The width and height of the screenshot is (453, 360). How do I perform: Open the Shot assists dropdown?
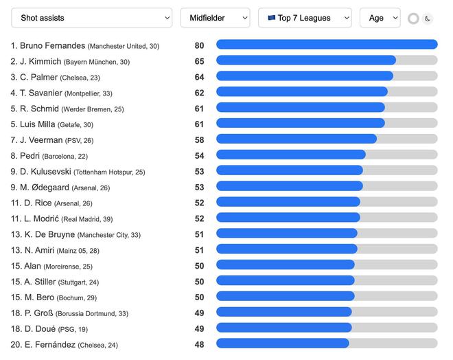92,18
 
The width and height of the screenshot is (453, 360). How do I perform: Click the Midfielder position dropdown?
215,18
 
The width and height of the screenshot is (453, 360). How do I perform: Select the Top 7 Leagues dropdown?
305,18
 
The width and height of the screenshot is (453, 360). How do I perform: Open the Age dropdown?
380,18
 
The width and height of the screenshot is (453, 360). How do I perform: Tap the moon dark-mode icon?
428,19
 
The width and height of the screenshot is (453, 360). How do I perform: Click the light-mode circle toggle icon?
413,19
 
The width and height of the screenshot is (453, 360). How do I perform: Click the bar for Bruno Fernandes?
327,45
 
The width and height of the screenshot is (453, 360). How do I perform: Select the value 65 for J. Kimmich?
199,61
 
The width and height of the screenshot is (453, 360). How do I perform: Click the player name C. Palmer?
38,77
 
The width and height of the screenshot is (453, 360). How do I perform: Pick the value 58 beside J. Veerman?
199,140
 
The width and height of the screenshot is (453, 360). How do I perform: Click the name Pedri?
30,156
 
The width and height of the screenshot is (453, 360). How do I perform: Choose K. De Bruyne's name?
49,234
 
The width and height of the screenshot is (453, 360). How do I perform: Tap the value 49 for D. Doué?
199,328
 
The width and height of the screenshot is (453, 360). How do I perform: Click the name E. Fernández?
50,344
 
